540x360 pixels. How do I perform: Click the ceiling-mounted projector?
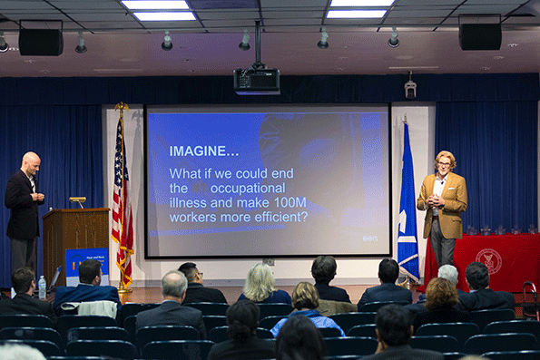pos(257,81)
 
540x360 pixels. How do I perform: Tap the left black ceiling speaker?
pos(41,41)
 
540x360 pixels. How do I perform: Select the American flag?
pos(122,199)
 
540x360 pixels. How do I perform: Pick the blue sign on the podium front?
pos(86,261)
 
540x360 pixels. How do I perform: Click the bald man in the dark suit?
pos(24,213)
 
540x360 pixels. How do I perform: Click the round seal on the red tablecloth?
pos(488,261)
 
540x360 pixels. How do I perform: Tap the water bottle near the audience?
pos(42,287)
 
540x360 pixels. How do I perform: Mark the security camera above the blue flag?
pos(410,89)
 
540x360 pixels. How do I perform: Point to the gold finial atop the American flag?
pos(120,107)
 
